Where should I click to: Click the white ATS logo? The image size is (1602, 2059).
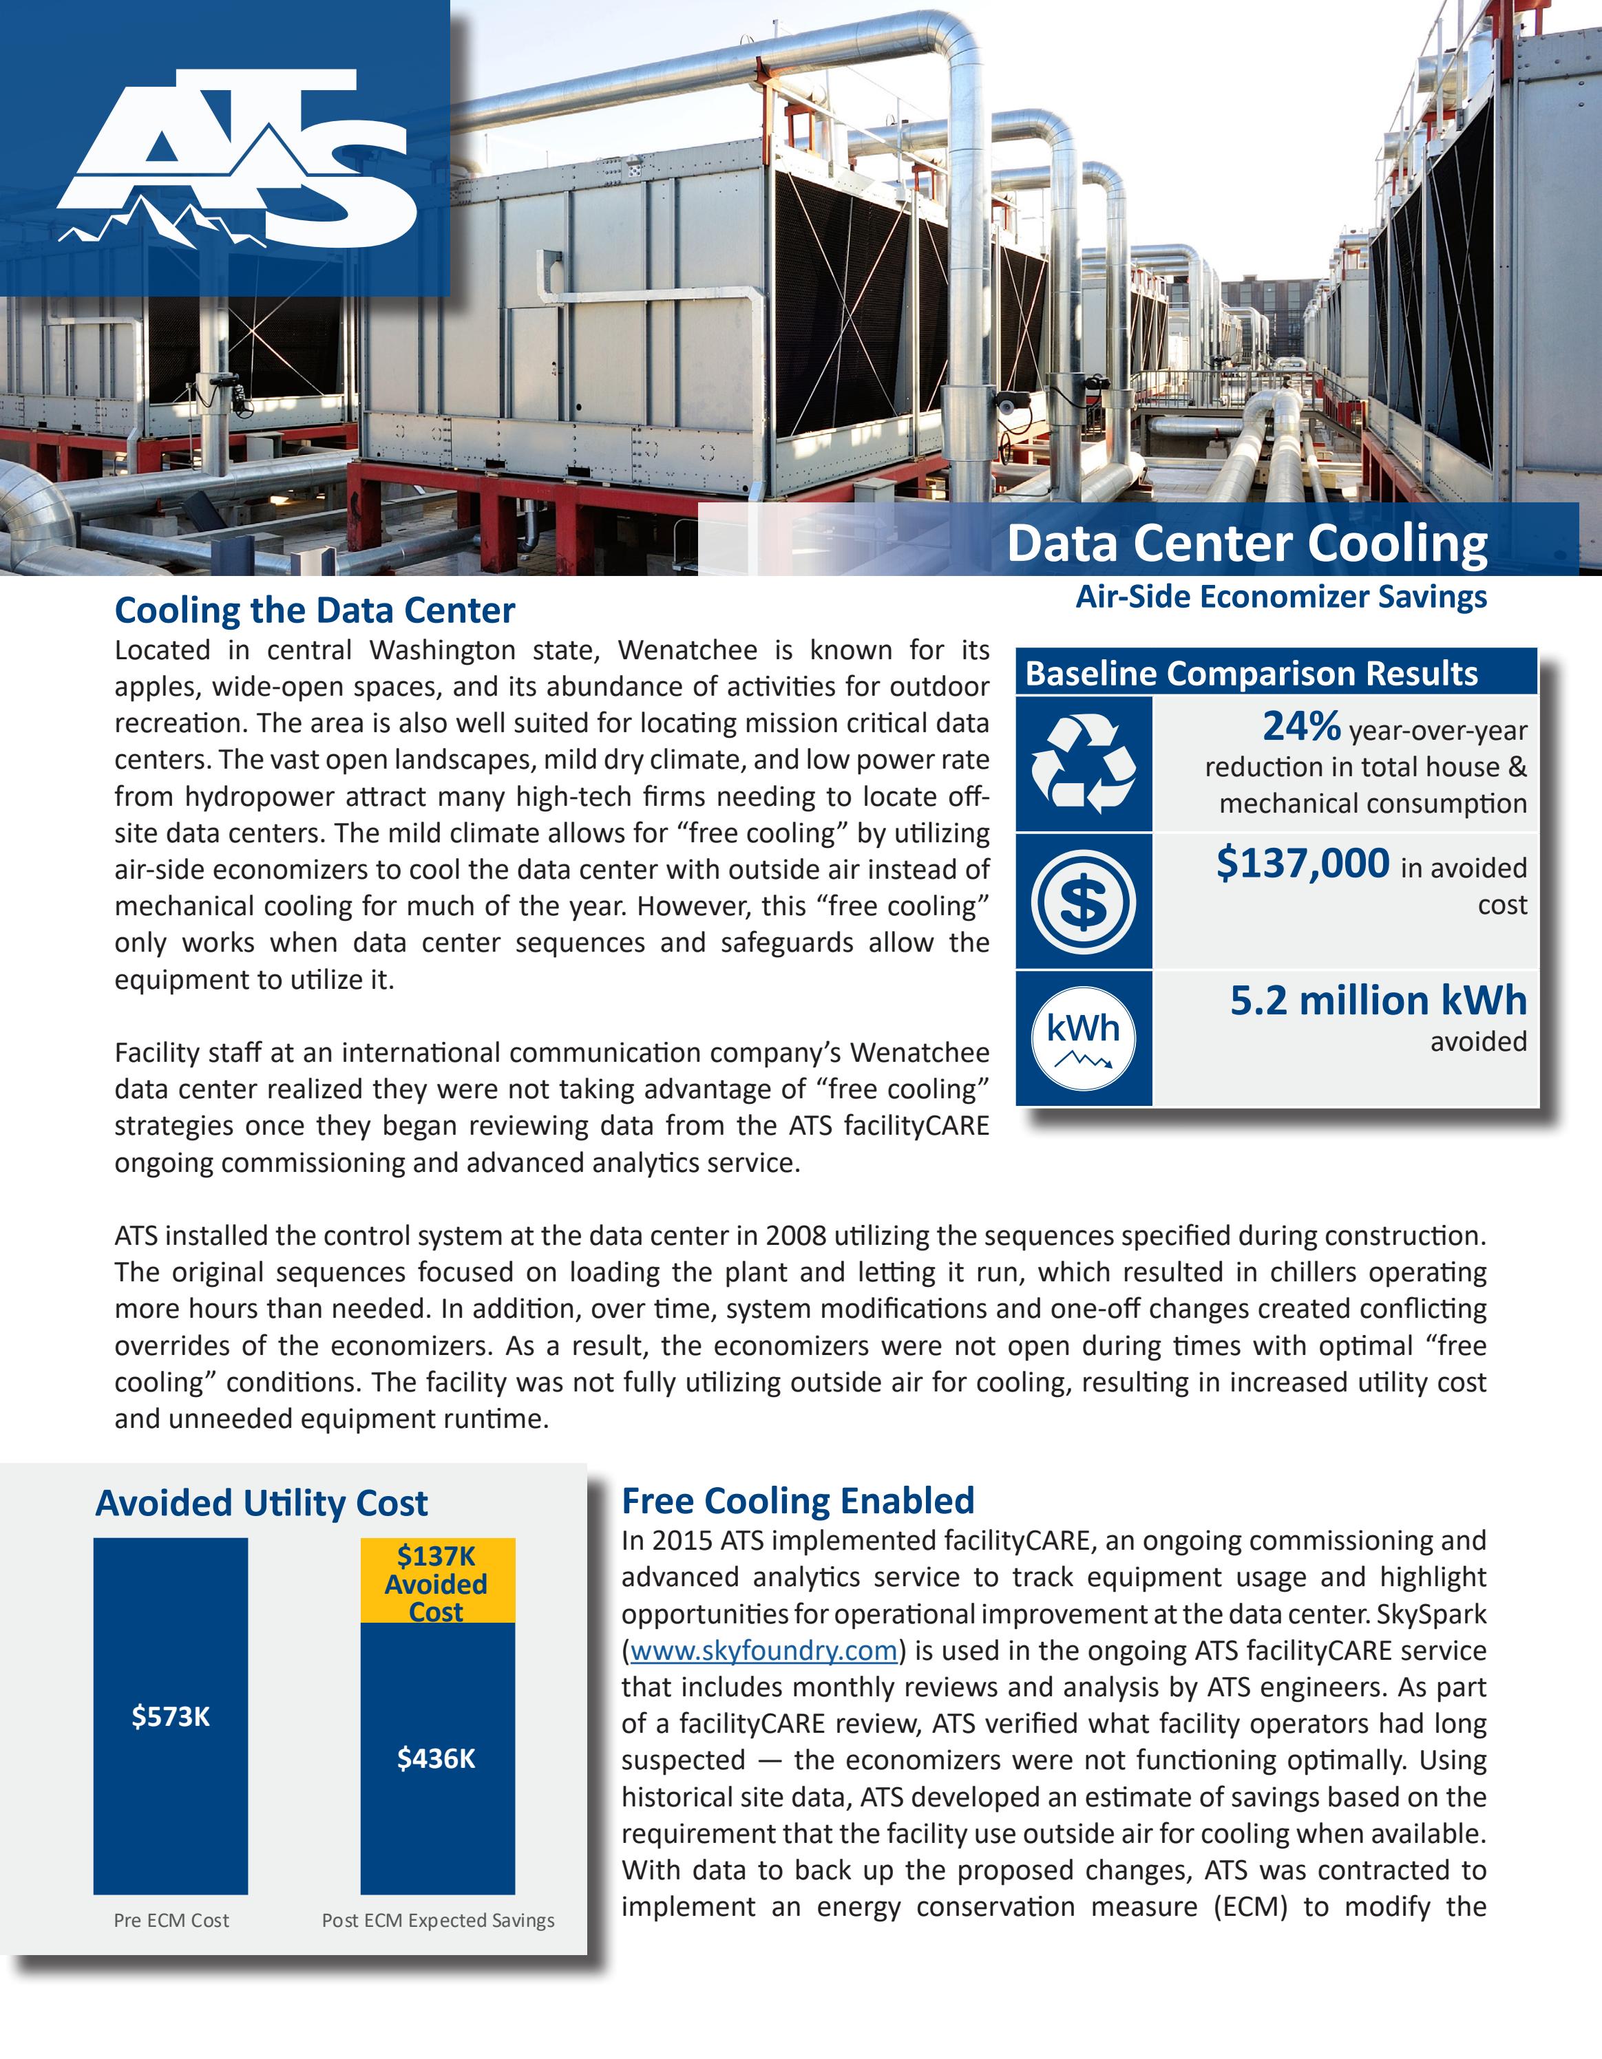coord(235,160)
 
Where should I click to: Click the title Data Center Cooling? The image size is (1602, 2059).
coord(1247,544)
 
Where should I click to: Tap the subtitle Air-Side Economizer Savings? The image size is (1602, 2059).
coord(1281,597)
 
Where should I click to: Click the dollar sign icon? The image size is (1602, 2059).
coord(1084,902)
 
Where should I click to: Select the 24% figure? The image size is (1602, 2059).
coord(1301,727)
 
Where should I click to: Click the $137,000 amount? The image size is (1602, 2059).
coord(1302,864)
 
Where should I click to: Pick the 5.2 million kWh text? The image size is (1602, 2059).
coord(1378,1001)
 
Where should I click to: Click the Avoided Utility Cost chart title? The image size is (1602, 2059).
coord(261,1503)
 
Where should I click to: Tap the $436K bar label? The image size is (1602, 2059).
coord(436,1758)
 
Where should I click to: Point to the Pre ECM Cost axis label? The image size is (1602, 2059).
coord(171,1921)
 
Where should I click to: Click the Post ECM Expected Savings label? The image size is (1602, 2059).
coord(438,1921)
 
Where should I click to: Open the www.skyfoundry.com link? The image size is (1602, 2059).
coord(763,1651)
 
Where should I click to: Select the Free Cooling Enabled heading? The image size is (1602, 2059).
coord(798,1501)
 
